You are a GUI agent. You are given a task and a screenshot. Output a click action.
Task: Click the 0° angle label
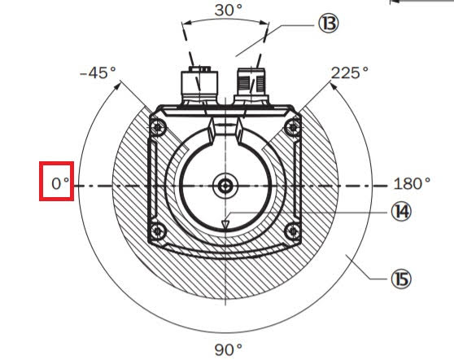coord(59,183)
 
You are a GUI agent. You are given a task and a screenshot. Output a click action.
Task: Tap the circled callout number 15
coord(399,279)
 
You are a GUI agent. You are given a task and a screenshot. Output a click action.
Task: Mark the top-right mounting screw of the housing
coord(290,126)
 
